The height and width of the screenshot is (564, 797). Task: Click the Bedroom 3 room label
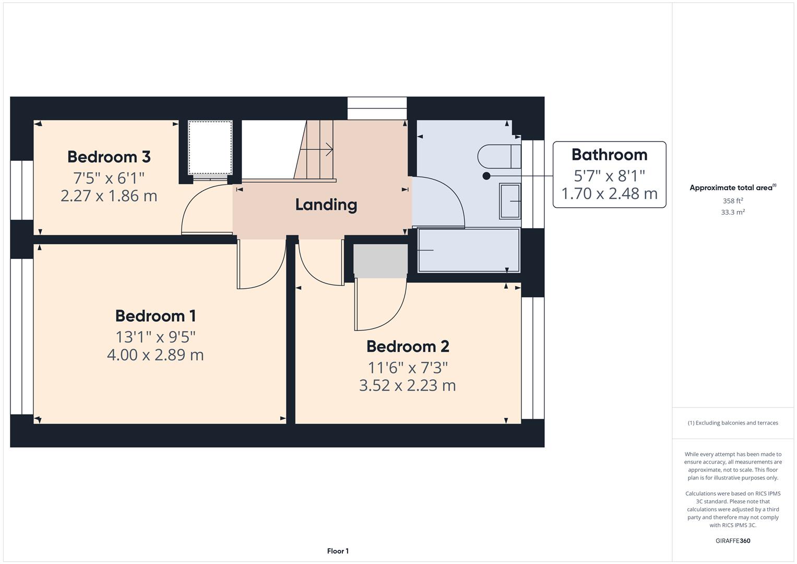pyautogui.click(x=109, y=157)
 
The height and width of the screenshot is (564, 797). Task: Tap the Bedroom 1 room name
pyautogui.click(x=156, y=316)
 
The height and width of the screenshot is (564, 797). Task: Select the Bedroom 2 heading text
pyautogui.click(x=408, y=346)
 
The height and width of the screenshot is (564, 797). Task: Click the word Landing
pyautogui.click(x=326, y=205)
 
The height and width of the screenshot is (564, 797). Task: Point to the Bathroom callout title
pyautogui.click(x=609, y=155)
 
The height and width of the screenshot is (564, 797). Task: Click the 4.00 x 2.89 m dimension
pyautogui.click(x=156, y=355)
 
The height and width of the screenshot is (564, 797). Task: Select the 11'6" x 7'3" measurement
pyautogui.click(x=408, y=368)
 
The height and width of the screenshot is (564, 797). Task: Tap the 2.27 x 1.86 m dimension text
pyautogui.click(x=109, y=196)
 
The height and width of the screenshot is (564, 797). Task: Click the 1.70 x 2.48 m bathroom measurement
pyautogui.click(x=609, y=194)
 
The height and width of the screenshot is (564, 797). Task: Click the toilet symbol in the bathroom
pyautogui.click(x=498, y=156)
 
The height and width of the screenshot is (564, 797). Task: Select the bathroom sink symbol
pyautogui.click(x=510, y=201)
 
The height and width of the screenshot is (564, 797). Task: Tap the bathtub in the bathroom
pyautogui.click(x=468, y=250)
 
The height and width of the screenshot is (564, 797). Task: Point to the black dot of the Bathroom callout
pyautogui.click(x=486, y=176)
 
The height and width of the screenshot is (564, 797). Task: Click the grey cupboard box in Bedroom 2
pyautogui.click(x=380, y=260)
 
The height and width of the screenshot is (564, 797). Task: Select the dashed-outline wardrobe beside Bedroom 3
pyautogui.click(x=210, y=148)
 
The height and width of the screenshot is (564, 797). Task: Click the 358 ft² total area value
pyautogui.click(x=732, y=201)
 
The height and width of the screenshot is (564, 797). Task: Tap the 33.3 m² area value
pyautogui.click(x=732, y=213)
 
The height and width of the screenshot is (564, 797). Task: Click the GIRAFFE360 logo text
pyautogui.click(x=732, y=540)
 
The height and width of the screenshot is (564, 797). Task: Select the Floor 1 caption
pyautogui.click(x=338, y=551)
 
